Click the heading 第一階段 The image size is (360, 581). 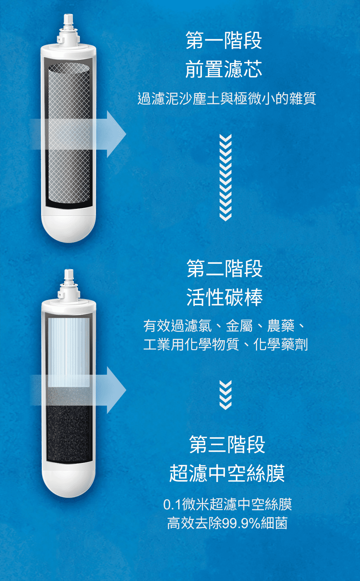[224, 40]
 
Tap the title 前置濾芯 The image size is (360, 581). [224, 69]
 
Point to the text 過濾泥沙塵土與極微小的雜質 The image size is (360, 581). [227, 99]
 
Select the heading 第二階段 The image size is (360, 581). [225, 268]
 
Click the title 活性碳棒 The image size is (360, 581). [225, 297]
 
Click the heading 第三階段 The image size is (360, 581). [227, 444]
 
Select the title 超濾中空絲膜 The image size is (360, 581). [227, 473]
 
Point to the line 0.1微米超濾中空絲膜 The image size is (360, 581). [228, 504]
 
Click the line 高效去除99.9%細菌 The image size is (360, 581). [228, 523]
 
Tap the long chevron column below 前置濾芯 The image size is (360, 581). [225, 178]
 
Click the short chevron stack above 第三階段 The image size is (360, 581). [225, 395]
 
